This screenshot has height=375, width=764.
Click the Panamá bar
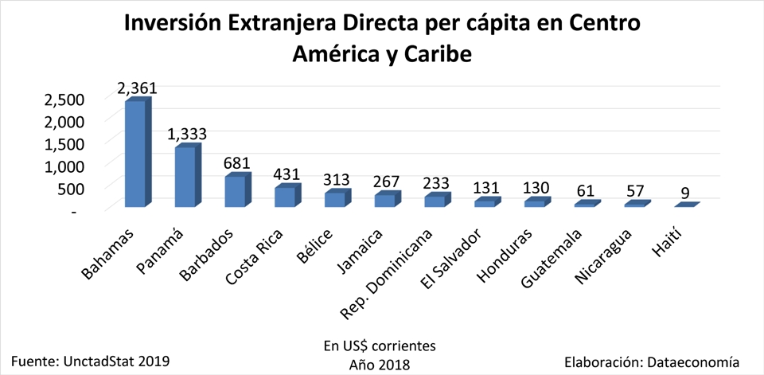(185, 178)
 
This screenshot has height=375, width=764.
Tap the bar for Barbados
(236, 191)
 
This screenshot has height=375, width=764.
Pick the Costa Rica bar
(285, 197)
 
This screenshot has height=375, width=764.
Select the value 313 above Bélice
(337, 180)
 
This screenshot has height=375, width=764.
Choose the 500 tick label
(69, 189)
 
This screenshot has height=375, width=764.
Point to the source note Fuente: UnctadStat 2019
(91, 361)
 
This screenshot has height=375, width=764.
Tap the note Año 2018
(379, 364)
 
